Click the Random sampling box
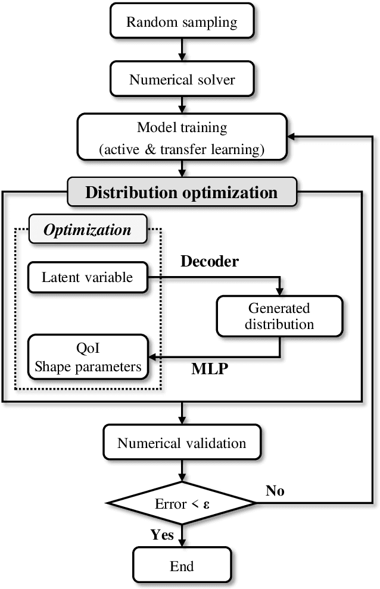[x=182, y=23]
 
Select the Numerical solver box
[x=182, y=79]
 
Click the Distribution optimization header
[x=182, y=193]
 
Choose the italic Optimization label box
[x=88, y=230]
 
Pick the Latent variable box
[x=88, y=277]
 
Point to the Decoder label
[x=210, y=262]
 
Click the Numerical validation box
[x=182, y=443]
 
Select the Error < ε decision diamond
[x=182, y=504]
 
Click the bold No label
[x=275, y=491]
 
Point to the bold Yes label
[x=162, y=535]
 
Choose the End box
[x=182, y=565]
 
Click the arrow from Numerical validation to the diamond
[x=182, y=472]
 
